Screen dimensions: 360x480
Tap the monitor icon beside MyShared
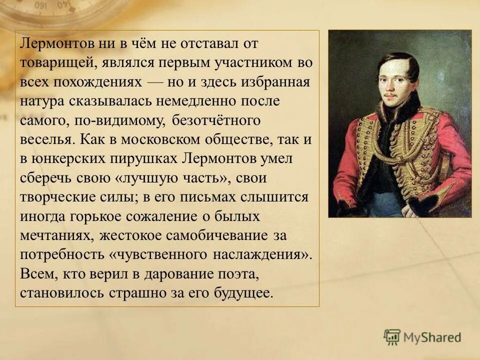(392, 337)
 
